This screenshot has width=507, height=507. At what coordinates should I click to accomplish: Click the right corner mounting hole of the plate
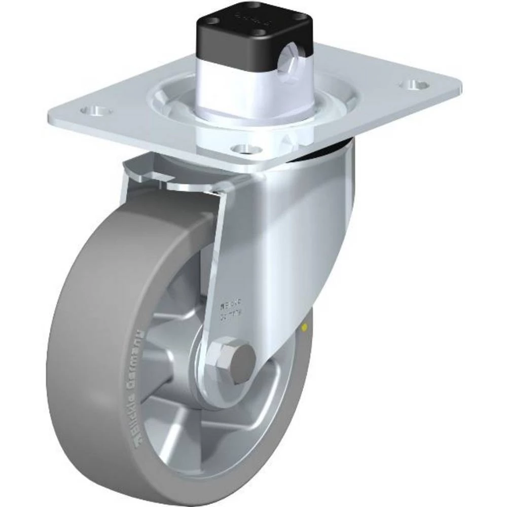pos(415,82)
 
